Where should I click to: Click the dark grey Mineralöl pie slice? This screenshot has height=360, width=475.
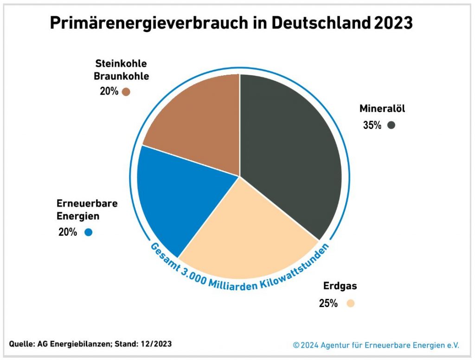tap(292, 153)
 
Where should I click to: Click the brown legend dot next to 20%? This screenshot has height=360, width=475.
tap(126, 92)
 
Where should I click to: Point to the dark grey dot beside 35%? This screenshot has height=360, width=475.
tap(391, 125)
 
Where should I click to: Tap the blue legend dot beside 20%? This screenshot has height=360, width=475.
tap(89, 232)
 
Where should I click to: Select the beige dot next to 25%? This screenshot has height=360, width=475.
tap(350, 304)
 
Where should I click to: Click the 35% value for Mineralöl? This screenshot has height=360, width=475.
tap(372, 125)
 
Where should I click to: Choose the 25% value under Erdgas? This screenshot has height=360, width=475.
tap(328, 304)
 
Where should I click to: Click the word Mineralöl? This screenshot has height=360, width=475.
tap(382, 109)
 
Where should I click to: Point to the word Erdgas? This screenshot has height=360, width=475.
tap(340, 286)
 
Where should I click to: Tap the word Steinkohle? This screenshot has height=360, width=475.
tap(121, 63)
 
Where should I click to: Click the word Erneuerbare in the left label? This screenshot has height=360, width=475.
tap(87, 204)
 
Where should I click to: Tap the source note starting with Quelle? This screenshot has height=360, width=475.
tap(90, 344)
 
